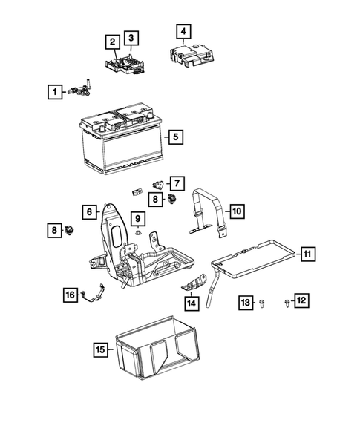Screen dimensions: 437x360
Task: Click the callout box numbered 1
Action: pos(53,92)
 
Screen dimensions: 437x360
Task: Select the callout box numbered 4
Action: pos(183,32)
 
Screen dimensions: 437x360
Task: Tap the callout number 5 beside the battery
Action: pos(174,137)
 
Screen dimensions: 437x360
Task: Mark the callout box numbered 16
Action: pos(70,295)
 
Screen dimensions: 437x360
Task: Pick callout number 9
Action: pos(138,217)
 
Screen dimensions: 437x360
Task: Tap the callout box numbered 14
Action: pos(192,303)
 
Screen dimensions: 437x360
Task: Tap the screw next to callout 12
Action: pos(286,301)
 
